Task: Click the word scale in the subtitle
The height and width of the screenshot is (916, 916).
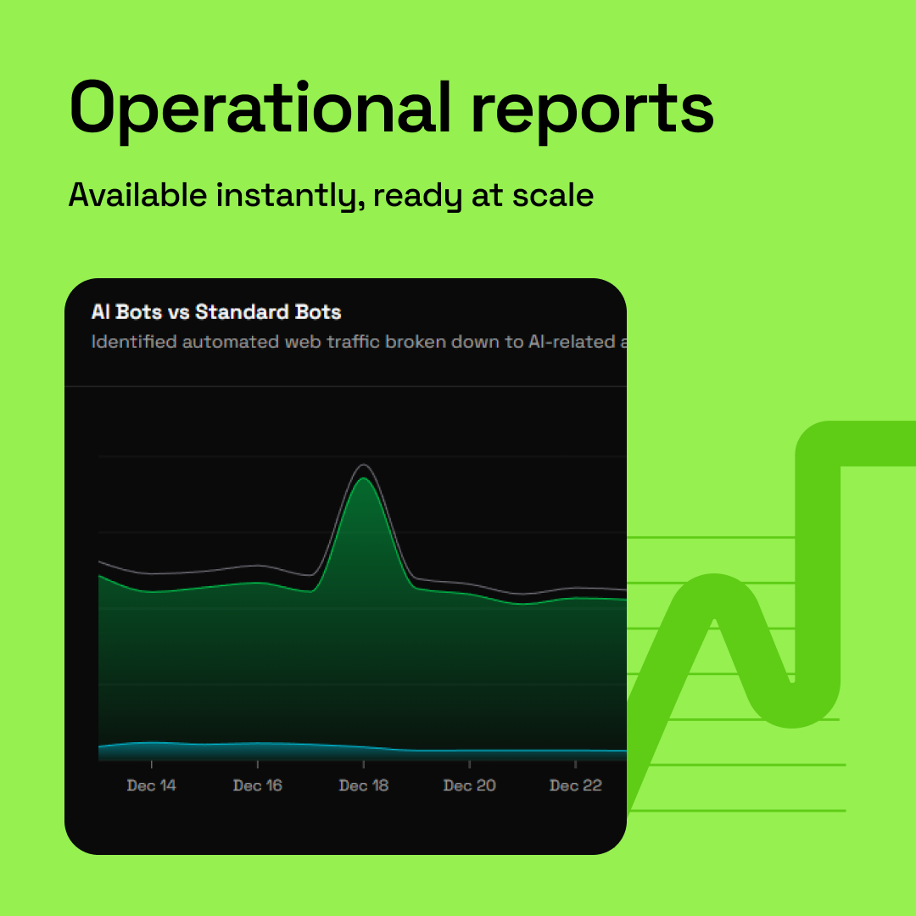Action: [x=554, y=196]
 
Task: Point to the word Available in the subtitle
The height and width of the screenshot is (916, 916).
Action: [x=137, y=196]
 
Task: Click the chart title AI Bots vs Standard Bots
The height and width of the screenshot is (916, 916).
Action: [x=216, y=312]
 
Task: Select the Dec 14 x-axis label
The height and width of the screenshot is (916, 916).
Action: [x=152, y=785]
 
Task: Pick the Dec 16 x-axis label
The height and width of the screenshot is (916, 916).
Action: [x=258, y=785]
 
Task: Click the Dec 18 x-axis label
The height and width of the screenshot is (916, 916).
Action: [x=364, y=785]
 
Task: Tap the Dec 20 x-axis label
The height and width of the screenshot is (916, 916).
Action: [x=470, y=785]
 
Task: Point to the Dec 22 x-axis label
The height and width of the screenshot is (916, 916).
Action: [x=576, y=785]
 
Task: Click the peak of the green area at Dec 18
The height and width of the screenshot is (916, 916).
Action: [x=364, y=480]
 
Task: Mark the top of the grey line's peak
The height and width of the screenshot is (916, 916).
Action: [x=364, y=465]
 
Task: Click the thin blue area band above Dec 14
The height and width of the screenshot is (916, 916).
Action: [x=152, y=750]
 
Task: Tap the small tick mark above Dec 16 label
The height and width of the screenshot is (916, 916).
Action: [x=258, y=765]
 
